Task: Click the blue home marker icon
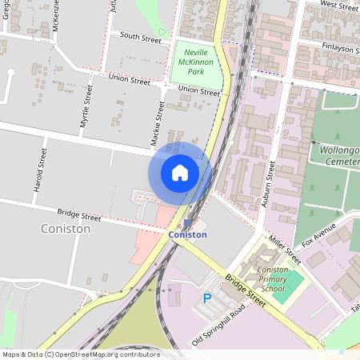tap(180, 172)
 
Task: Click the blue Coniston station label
tap(188, 235)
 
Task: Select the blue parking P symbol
tap(207, 298)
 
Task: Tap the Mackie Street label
tap(158, 123)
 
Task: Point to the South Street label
tap(140, 36)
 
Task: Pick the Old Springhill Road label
tap(218, 328)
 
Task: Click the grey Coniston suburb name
tap(65, 229)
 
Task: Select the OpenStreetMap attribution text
tap(80, 354)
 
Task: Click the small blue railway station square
tap(187, 223)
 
